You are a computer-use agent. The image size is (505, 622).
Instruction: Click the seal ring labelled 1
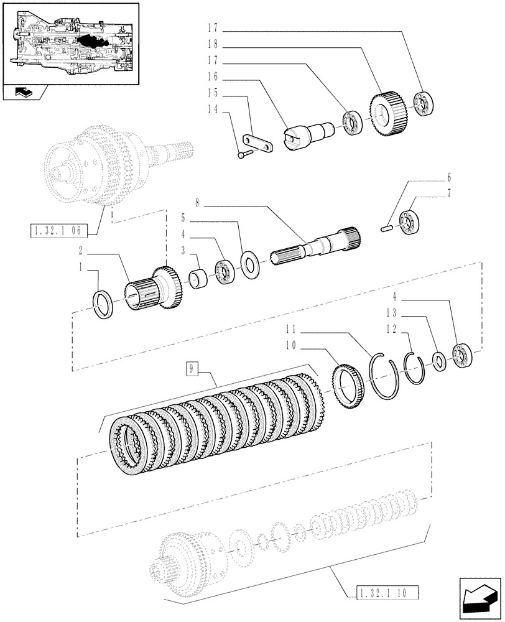tap(104, 305)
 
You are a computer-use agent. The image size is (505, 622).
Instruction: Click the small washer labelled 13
tap(438, 361)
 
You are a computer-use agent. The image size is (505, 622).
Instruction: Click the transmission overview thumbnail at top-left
tap(70, 43)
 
